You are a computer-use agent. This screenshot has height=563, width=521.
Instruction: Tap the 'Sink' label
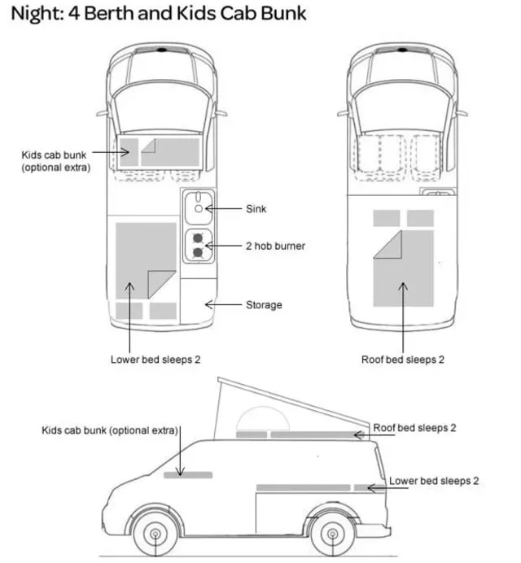[256, 209]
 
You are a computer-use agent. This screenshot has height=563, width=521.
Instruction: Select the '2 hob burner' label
[275, 246]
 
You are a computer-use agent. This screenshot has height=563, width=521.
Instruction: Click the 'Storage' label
[264, 305]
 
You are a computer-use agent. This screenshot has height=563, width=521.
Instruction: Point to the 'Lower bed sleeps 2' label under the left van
[155, 359]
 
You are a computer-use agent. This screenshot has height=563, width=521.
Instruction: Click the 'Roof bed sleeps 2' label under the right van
[404, 359]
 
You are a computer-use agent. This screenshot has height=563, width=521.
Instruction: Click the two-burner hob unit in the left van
[198, 246]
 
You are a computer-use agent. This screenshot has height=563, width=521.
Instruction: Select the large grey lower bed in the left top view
[145, 260]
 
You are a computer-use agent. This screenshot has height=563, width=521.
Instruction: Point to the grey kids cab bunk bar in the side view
[187, 474]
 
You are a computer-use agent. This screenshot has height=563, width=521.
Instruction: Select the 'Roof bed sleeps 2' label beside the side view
[415, 428]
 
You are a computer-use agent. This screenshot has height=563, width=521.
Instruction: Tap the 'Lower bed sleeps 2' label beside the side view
[433, 481]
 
